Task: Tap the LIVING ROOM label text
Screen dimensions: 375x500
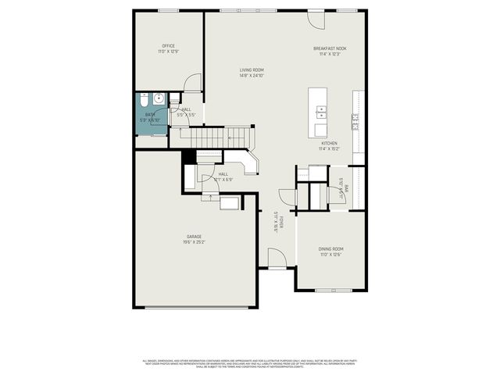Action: pos(252,70)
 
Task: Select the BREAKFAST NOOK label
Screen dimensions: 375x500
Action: pos(330,48)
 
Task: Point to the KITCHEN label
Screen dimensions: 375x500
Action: pos(329,144)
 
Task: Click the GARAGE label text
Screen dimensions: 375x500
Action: pos(194,236)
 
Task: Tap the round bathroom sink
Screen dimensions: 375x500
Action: pos(159,98)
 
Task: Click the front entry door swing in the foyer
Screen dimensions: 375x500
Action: pos(276,258)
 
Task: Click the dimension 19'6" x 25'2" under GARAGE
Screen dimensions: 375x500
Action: pos(194,242)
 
